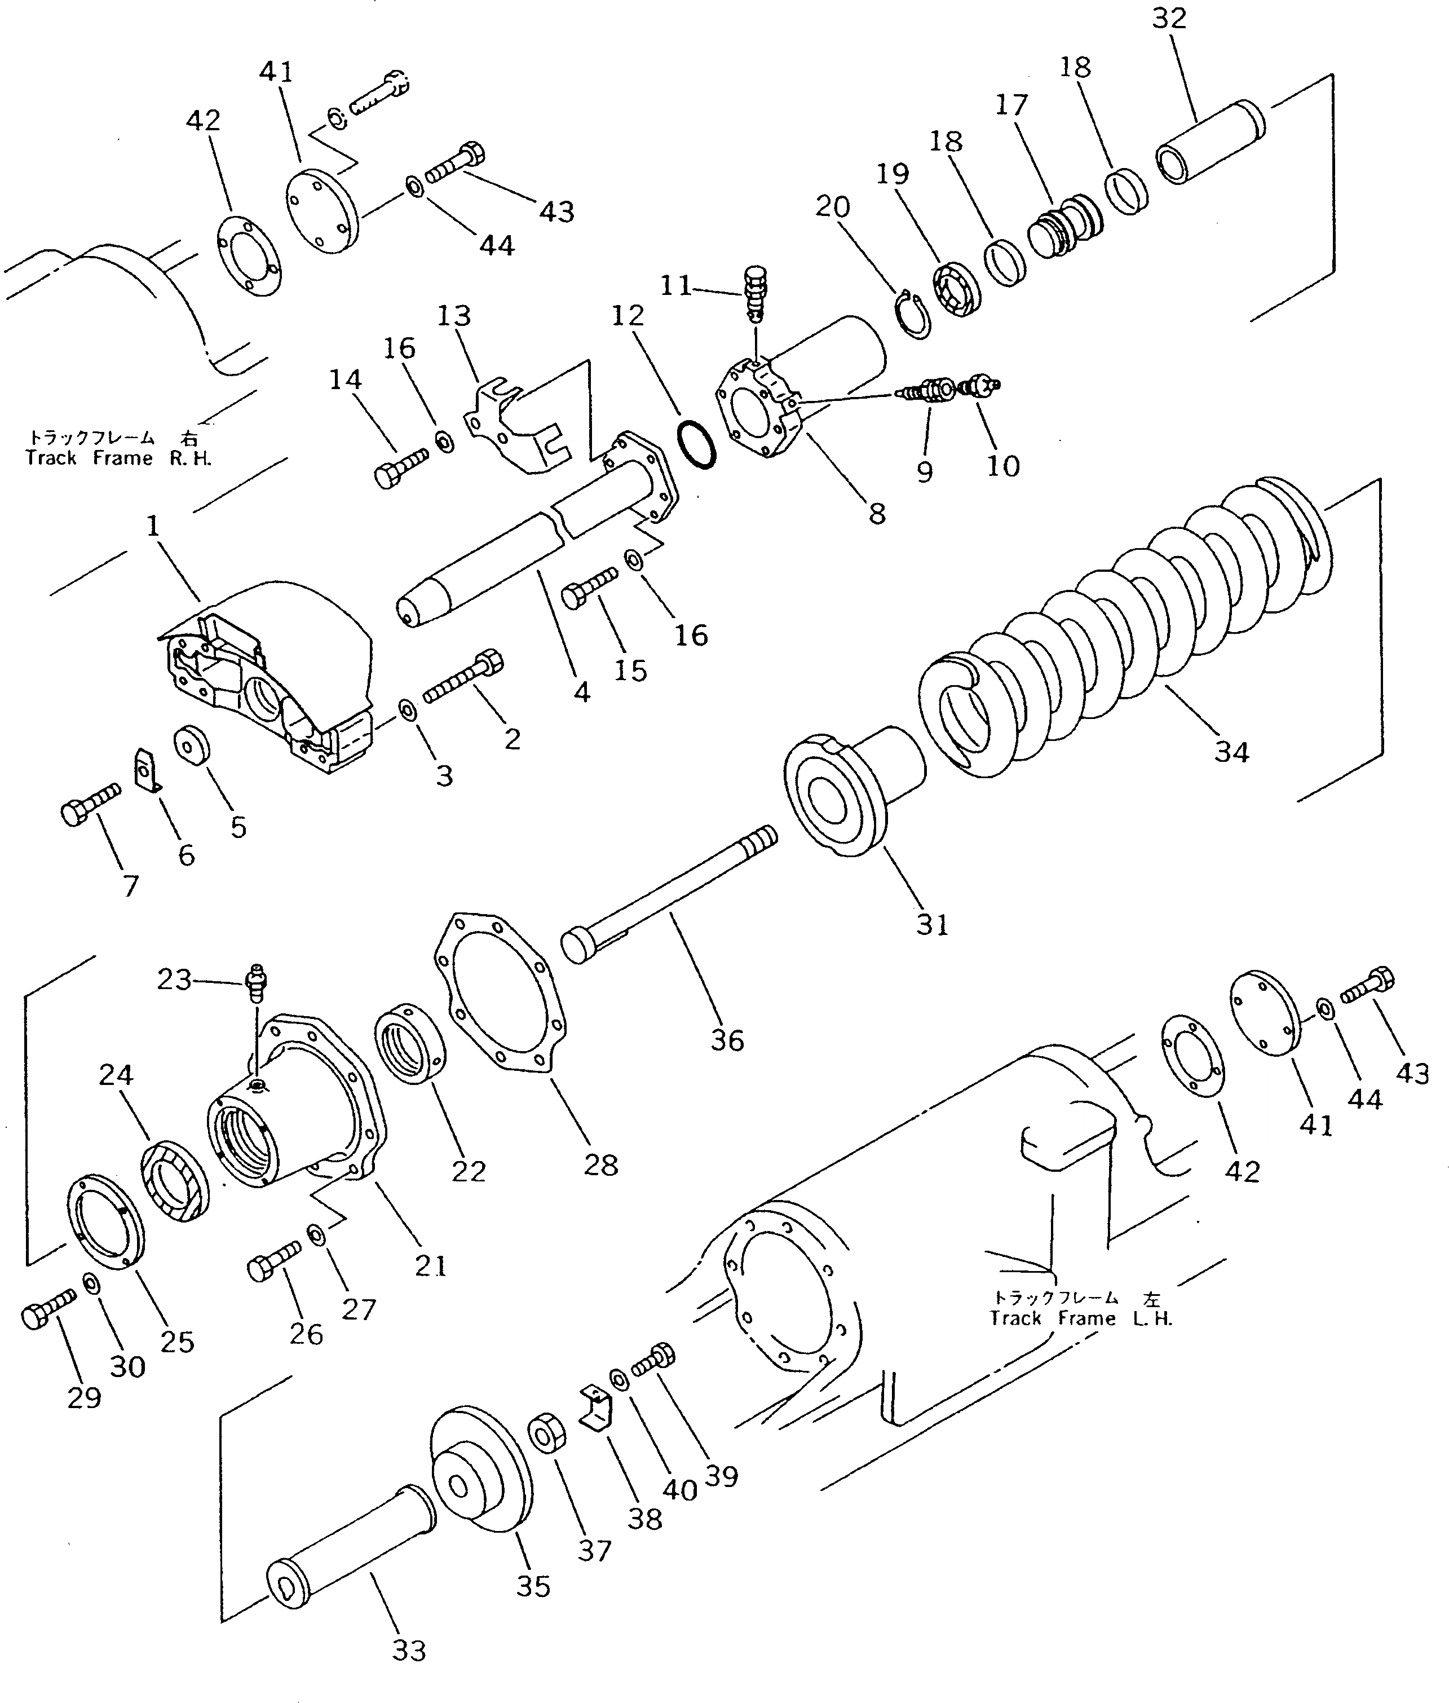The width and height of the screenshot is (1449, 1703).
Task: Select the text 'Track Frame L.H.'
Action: (x=1081, y=1318)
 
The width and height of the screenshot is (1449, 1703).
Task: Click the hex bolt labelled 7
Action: (x=89, y=802)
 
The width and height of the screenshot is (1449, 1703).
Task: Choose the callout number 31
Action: (x=933, y=925)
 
